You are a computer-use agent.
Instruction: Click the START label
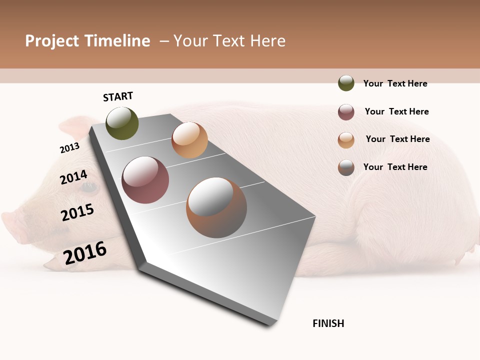pyautogui.click(x=118, y=96)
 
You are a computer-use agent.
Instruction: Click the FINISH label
pyautogui.click(x=328, y=323)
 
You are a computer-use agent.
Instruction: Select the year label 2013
pyautogui.click(x=69, y=148)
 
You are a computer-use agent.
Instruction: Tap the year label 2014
pyautogui.click(x=73, y=177)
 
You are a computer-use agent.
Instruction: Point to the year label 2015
pyautogui.click(x=77, y=212)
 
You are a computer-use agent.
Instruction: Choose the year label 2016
pyautogui.click(x=85, y=252)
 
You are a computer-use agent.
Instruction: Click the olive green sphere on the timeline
pyautogui.click(x=122, y=123)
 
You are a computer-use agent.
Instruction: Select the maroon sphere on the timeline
pyautogui.click(x=145, y=180)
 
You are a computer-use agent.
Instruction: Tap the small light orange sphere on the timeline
pyautogui.click(x=189, y=140)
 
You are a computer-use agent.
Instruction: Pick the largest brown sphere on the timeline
pyautogui.click(x=216, y=207)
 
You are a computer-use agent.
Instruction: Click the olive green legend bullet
pyautogui.click(x=346, y=83)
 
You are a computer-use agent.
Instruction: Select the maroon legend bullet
pyautogui.click(x=346, y=112)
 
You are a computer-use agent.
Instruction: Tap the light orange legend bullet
pyautogui.click(x=346, y=140)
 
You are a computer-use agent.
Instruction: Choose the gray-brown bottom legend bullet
pyautogui.click(x=346, y=167)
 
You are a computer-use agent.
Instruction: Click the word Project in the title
pyautogui.click(x=52, y=41)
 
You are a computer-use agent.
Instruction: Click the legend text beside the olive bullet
pyautogui.click(x=395, y=83)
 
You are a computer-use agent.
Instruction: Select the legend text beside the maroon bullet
pyautogui.click(x=396, y=111)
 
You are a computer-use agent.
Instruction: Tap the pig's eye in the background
pyautogui.click(x=89, y=187)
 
